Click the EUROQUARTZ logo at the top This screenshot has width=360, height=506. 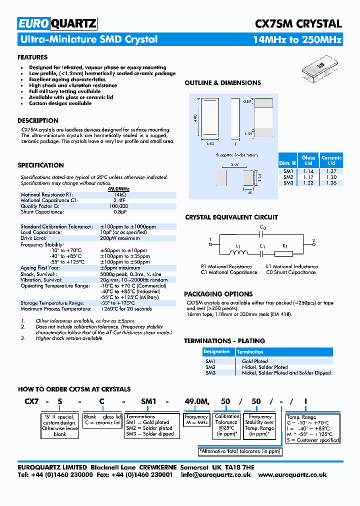click(x=57, y=23)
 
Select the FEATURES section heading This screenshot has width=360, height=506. click(x=32, y=57)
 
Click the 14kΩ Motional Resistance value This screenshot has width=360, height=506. click(x=119, y=194)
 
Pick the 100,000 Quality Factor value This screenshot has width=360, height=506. click(x=119, y=205)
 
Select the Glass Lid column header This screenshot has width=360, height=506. click(x=308, y=160)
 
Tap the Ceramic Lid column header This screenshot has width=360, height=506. click(x=331, y=160)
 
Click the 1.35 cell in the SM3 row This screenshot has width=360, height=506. click(x=331, y=183)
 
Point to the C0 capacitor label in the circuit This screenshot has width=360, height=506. click(x=263, y=228)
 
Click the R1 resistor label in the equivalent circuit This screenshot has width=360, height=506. click(x=284, y=246)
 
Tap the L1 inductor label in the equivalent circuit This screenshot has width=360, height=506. click(x=238, y=246)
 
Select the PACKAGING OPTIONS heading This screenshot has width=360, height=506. click(x=218, y=294)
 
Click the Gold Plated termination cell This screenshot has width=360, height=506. click(x=254, y=361)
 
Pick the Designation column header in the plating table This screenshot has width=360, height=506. click(x=217, y=352)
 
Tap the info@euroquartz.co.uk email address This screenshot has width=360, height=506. click(x=216, y=475)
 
